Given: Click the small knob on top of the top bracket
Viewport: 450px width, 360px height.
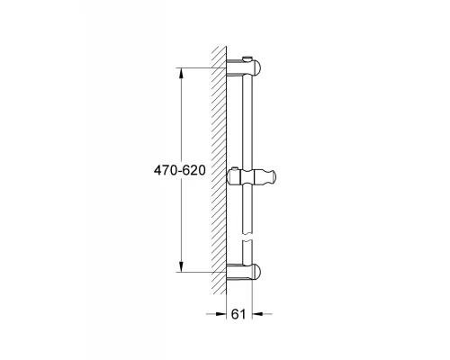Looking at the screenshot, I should pos(247,59).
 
